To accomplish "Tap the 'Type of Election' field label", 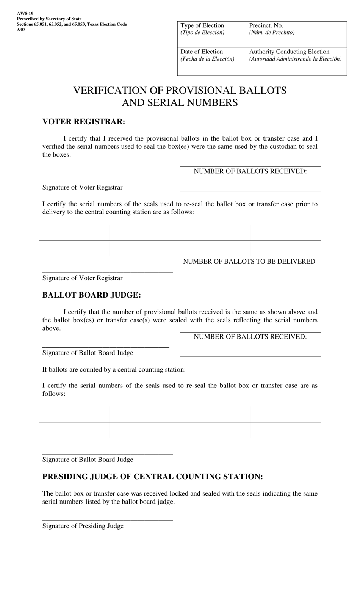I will pyautogui.click(x=202, y=25).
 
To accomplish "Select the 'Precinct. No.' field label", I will pyautogui.click(x=266, y=25).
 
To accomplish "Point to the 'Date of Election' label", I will pyautogui.click(x=202, y=52).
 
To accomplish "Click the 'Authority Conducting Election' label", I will pyautogui.click(x=289, y=52).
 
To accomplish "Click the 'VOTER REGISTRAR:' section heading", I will pyautogui.click(x=84, y=122).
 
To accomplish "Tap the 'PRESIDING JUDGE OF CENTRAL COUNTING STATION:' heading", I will pyautogui.click(x=152, y=477).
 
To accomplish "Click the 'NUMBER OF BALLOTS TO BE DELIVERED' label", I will pyautogui.click(x=249, y=261).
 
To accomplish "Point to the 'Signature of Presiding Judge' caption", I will pyautogui.click(x=83, y=526).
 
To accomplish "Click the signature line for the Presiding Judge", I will pyautogui.click(x=108, y=520).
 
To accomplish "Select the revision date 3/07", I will pyautogui.click(x=21, y=30).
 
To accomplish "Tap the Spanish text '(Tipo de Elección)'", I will pyautogui.click(x=202, y=33).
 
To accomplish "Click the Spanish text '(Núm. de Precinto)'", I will pyautogui.click(x=272, y=33).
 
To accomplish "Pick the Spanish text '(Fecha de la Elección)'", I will pyautogui.click(x=207, y=59).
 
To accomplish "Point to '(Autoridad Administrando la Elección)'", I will pyautogui.click(x=295, y=59).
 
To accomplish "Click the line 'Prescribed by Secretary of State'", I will pyautogui.click(x=49, y=19).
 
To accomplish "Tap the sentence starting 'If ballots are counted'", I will pyautogui.click(x=114, y=369).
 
